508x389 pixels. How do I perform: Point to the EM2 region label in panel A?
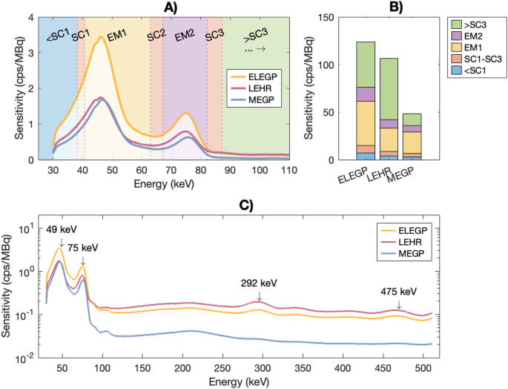tap(185, 35)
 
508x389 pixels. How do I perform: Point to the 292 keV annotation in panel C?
tap(258, 283)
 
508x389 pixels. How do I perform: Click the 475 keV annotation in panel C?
tap(399, 291)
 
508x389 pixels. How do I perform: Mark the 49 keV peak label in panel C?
tap(61, 229)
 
